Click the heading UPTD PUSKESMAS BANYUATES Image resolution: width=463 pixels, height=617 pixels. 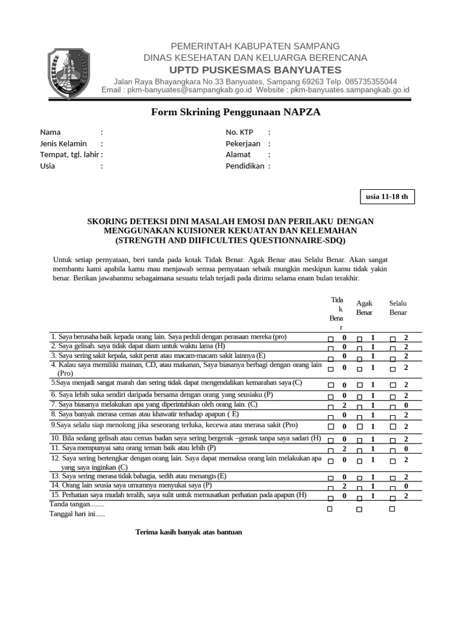(x=255, y=70)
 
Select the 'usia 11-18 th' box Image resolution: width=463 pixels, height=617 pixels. (x=386, y=196)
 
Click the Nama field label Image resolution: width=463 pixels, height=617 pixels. (x=51, y=132)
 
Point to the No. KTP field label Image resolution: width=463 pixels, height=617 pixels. (x=239, y=132)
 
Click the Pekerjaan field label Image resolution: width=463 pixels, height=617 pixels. (x=243, y=143)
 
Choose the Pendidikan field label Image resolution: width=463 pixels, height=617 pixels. (x=245, y=166)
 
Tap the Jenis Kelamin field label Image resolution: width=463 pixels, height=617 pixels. (x=63, y=143)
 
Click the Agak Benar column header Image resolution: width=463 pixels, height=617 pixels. (x=364, y=308)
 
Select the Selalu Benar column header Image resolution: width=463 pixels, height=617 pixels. (x=398, y=308)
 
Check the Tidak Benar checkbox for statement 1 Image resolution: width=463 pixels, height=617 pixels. (x=330, y=339)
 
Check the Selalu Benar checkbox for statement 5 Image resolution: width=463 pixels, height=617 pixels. (x=392, y=385)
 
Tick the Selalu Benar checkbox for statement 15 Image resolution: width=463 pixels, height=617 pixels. (x=392, y=497)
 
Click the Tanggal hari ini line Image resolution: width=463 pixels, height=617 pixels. (x=77, y=514)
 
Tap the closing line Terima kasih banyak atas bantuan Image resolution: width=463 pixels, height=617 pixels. (x=189, y=533)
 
